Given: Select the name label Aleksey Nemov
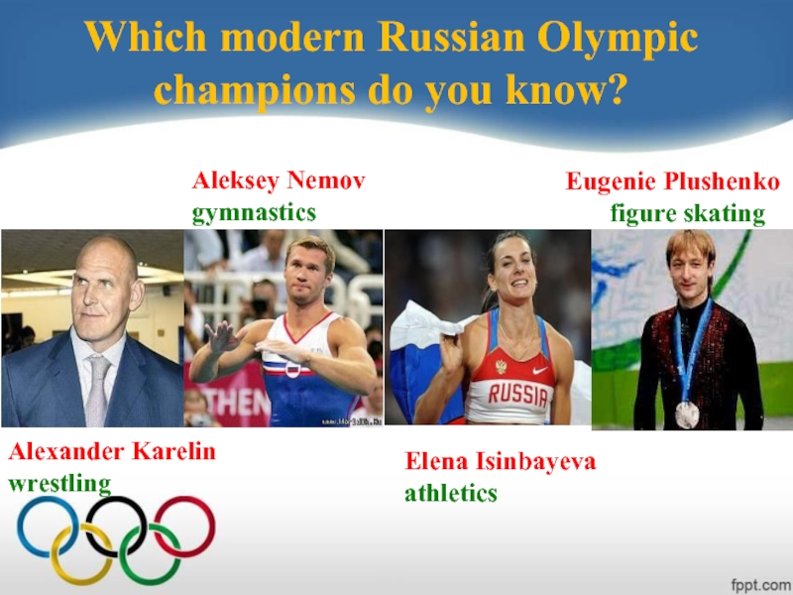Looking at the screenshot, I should [x=279, y=181].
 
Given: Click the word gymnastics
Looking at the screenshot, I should [x=254, y=212].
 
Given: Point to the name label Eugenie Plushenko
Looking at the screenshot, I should [x=673, y=182].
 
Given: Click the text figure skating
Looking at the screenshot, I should [x=687, y=214].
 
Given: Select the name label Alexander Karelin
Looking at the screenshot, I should [x=112, y=453].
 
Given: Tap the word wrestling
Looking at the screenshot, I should [x=59, y=484].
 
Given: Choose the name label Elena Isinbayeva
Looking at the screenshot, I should [x=501, y=461].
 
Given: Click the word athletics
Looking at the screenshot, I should [x=451, y=492].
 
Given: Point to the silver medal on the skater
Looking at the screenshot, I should [x=687, y=414].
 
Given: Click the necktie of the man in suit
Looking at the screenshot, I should [x=96, y=392].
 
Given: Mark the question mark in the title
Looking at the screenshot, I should [x=619, y=90].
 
